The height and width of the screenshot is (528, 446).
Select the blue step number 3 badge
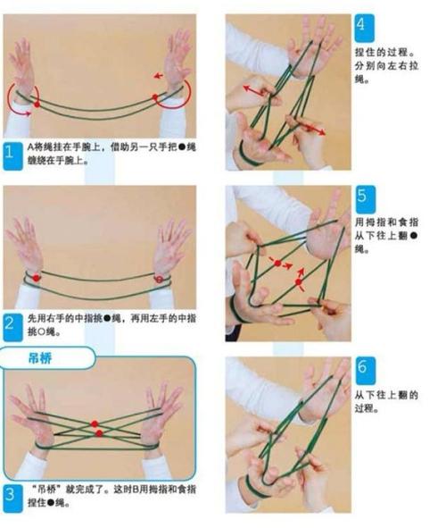tap(10, 492)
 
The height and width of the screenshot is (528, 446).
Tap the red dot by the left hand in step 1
tap(37, 105)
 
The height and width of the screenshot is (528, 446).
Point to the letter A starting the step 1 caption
tap(29, 145)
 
